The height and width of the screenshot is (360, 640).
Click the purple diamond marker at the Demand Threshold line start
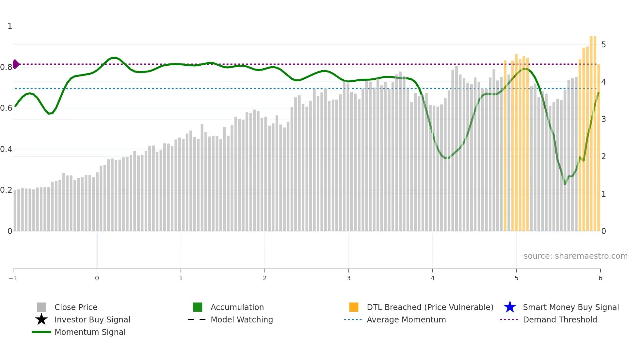(16, 64)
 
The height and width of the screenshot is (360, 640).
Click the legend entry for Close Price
(75, 307)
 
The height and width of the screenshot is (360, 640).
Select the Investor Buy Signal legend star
(41, 319)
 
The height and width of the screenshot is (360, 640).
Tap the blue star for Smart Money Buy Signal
(510, 307)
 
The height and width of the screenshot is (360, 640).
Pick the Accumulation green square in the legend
(198, 307)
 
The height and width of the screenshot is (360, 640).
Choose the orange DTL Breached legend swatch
(354, 307)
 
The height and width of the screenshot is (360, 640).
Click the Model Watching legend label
(242, 319)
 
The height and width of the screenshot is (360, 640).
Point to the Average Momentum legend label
(406, 319)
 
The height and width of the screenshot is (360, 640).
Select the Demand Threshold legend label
(560, 319)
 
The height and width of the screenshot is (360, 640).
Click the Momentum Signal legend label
(90, 332)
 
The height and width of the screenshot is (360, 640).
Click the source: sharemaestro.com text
(575, 256)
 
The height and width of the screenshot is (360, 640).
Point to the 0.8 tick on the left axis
(6, 67)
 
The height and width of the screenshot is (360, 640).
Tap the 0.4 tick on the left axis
(6, 149)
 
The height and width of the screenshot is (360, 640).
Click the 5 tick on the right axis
(603, 44)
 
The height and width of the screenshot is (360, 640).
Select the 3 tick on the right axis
(603, 119)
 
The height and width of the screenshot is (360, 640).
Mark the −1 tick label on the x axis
(13, 278)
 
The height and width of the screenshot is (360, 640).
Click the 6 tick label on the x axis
(600, 278)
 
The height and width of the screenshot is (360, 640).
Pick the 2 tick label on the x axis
(264, 278)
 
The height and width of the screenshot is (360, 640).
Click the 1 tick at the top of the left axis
(10, 26)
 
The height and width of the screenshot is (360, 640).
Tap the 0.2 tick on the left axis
(6, 190)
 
